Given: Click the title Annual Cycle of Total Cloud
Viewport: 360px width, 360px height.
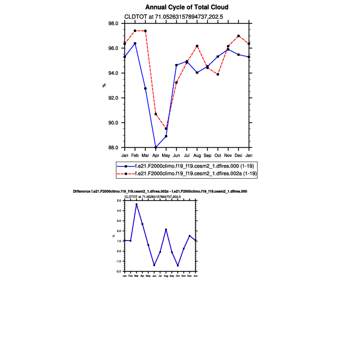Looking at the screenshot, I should coord(187,7).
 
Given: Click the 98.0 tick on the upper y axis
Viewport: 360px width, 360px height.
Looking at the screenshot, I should coord(114,23).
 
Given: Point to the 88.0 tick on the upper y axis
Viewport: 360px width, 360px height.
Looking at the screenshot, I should coord(114,148).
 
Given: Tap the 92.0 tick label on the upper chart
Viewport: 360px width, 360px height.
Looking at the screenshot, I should coord(114,98).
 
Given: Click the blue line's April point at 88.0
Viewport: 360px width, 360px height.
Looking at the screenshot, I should coord(156,147).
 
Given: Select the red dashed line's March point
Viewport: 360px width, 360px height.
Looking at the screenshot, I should coord(145,31).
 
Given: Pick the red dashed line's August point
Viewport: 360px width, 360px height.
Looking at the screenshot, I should coord(197,46).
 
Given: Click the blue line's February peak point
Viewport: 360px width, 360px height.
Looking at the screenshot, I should coord(135,43).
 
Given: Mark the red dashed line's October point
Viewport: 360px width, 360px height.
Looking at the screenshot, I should coord(218,74).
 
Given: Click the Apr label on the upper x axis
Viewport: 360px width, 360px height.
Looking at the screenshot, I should coord(156,155).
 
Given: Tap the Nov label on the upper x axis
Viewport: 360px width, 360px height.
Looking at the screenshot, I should coord(228,155).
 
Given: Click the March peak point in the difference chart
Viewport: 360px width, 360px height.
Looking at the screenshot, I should coord(137,204).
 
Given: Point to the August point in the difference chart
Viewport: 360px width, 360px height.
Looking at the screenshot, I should coord(166,229).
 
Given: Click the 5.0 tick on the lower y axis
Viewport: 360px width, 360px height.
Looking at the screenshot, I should coord(120,201).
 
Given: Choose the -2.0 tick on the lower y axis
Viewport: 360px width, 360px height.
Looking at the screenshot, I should coord(119,271).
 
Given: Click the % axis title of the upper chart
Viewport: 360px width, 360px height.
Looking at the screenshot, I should coord(105,85).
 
